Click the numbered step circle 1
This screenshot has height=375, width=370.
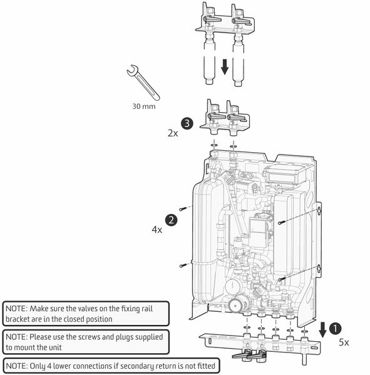coord(336,329)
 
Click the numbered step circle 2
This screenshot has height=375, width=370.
coord(172,220)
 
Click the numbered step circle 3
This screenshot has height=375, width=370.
coord(187,123)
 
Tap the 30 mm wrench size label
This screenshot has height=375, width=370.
coord(144,106)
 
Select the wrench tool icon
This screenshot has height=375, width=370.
coord(143,83)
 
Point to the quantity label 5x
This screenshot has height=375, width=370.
coord(344,342)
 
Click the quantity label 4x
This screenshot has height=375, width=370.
coord(157,230)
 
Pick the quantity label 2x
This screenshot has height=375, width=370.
coord(173,133)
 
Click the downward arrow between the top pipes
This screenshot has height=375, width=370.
coord(225,67)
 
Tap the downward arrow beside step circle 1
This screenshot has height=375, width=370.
coord(322,330)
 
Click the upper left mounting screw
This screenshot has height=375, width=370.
coord(183,209)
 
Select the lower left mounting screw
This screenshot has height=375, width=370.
coord(183,265)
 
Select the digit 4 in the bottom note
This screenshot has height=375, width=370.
coord(49,366)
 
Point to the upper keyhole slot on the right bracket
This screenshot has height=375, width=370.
coord(319,211)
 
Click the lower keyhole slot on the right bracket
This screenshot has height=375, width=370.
coord(319,269)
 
